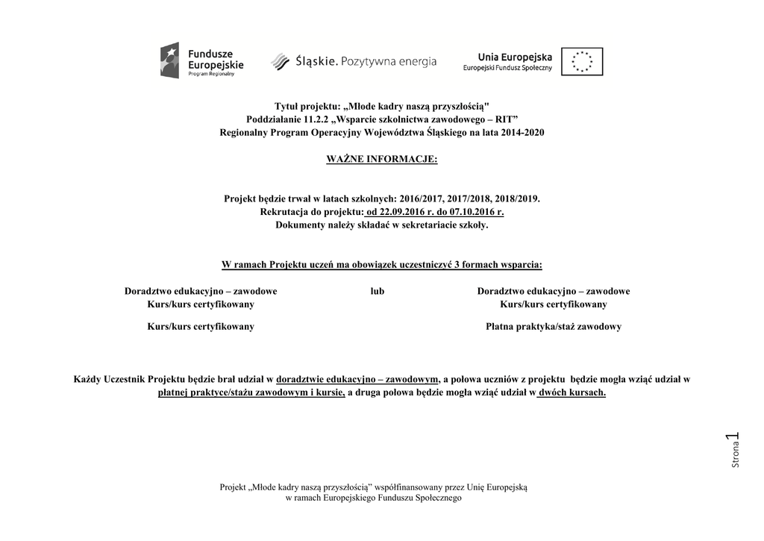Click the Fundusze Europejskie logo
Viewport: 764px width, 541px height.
[201, 60]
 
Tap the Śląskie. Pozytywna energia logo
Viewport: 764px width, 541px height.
[353, 61]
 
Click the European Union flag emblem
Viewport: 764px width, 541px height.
[581, 61]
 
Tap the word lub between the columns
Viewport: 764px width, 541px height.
[377, 291]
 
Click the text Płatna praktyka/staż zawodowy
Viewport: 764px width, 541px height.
[553, 327]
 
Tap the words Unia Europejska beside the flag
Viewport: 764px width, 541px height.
[515, 57]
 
